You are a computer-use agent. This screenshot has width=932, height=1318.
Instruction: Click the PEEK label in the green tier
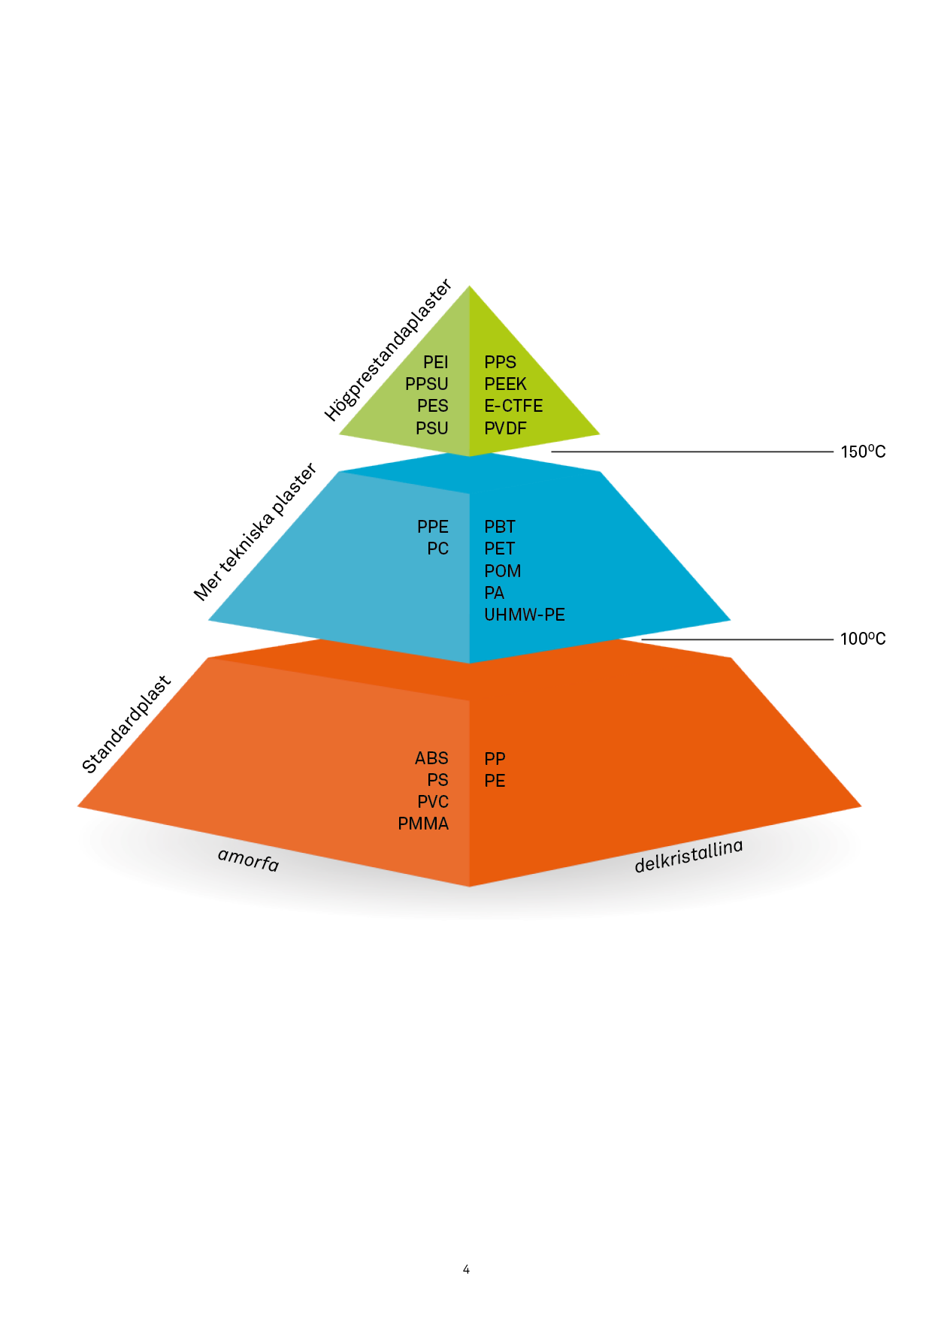505,384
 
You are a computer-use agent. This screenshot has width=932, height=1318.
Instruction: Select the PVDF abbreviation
505,428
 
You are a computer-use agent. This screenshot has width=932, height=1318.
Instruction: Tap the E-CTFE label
513,406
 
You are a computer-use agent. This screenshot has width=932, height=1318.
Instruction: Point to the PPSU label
426,384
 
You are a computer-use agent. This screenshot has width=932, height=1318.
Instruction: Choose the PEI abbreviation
435,362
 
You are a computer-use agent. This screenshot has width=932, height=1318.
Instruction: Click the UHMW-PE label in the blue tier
525,615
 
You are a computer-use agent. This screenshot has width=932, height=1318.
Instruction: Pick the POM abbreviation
502,571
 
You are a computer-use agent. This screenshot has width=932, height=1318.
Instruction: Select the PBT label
500,527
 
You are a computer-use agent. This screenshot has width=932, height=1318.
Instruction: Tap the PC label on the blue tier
437,549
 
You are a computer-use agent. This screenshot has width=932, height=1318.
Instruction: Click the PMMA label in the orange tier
423,824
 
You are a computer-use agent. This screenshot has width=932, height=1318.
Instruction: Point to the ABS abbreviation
431,758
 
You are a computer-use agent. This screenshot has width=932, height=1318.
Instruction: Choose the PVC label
433,802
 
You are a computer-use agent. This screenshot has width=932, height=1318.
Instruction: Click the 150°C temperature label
863,452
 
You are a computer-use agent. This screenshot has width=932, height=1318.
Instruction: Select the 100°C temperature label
863,639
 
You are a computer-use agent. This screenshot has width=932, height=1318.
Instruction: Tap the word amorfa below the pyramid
248,859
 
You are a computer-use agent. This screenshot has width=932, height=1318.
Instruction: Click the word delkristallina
688,856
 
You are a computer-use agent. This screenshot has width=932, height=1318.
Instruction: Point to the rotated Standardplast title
127,724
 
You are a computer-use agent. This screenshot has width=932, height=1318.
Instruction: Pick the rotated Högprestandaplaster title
388,350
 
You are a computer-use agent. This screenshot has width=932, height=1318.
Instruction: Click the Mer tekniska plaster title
256,532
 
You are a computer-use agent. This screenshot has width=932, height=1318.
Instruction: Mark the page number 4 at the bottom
466,1269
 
